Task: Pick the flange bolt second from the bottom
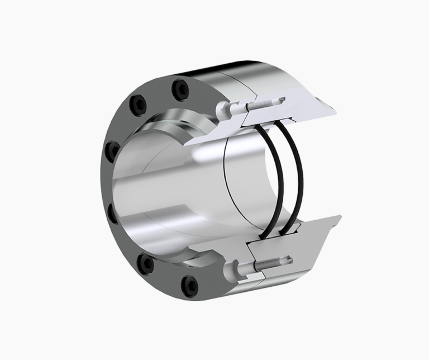pyautogui.click(x=147, y=262)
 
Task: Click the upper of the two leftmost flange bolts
pyautogui.click(x=113, y=150)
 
